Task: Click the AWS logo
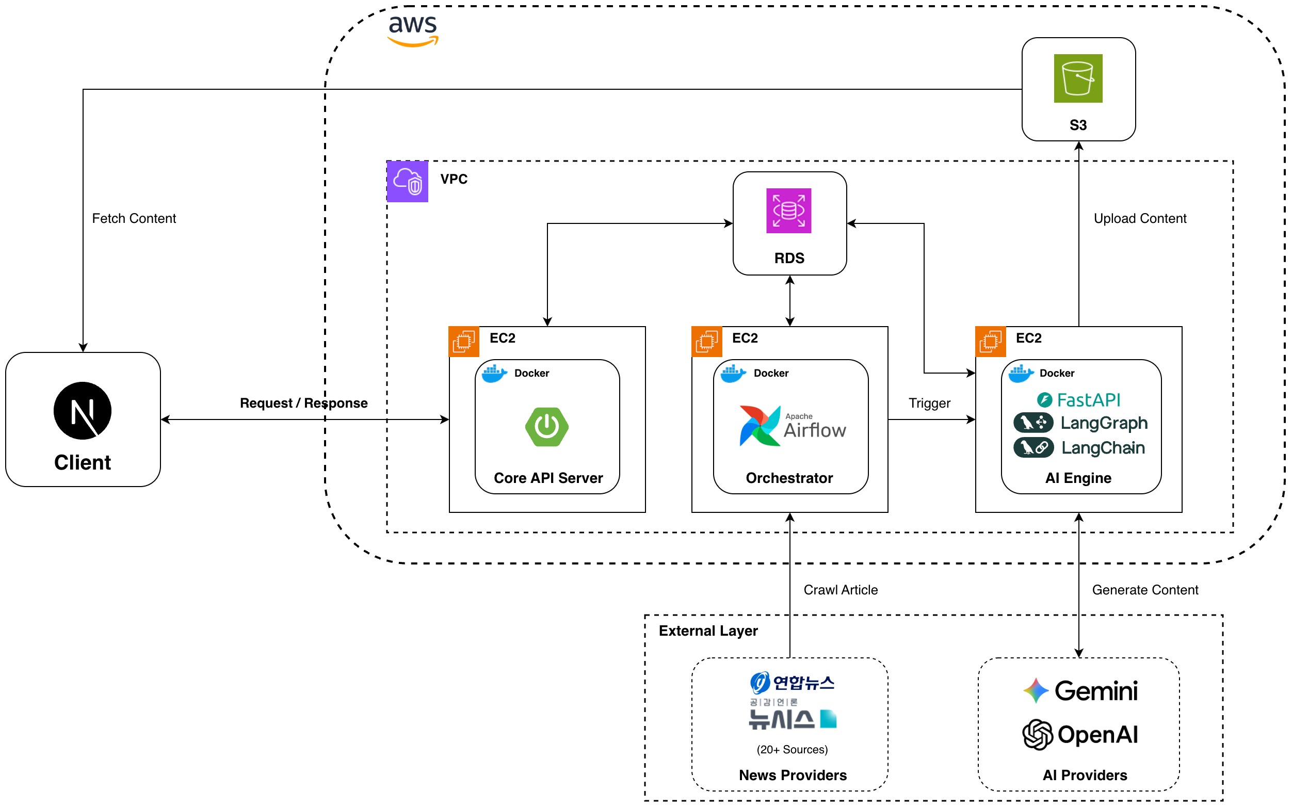click(413, 30)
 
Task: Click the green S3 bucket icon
click(1077, 78)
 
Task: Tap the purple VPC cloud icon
click(407, 182)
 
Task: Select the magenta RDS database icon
click(788, 211)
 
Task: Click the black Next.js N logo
click(82, 410)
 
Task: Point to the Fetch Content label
click(134, 218)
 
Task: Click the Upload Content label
click(1139, 218)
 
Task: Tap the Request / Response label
click(304, 403)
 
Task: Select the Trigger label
click(929, 403)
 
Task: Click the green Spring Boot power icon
click(546, 426)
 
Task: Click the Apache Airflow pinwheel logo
click(760, 425)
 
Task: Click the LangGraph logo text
click(1103, 423)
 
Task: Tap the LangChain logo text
click(1103, 447)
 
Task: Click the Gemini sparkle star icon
click(1036, 691)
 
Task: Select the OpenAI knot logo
click(1037, 734)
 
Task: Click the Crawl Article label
click(840, 590)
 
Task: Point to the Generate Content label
click(1145, 590)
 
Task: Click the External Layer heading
click(707, 631)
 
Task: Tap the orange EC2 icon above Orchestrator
click(706, 342)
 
